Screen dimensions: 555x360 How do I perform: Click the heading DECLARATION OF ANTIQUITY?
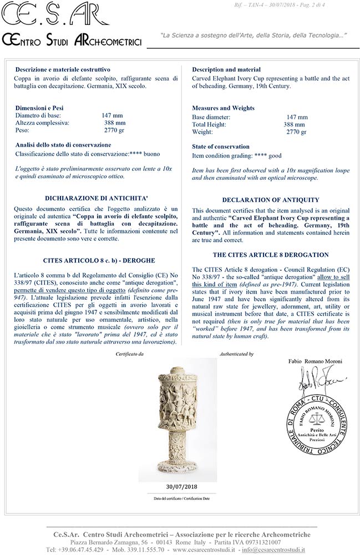tap(270, 200)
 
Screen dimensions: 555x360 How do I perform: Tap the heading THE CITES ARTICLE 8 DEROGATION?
tap(270, 255)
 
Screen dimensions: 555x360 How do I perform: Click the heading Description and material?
tap(226, 69)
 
